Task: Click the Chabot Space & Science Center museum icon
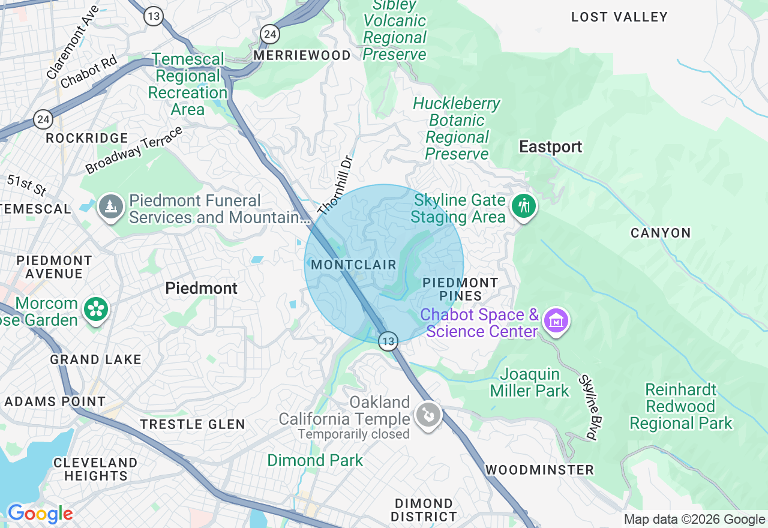tap(556, 321)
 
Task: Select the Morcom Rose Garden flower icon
tap(96, 310)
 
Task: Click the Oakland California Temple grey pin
tap(429, 415)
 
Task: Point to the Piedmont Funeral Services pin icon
tap(111, 207)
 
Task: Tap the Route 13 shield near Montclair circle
tap(388, 341)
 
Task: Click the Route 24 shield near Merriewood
tap(270, 34)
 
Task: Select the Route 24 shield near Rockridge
tap(43, 119)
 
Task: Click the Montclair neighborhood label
tap(354, 265)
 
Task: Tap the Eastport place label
tap(550, 147)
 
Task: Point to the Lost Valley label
tap(619, 17)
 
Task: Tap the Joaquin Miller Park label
tap(529, 383)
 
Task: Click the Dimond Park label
tap(315, 460)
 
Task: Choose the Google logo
tap(40, 514)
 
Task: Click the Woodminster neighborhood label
tap(539, 470)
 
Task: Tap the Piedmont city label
tap(202, 289)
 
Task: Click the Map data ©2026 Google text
tap(694, 520)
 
